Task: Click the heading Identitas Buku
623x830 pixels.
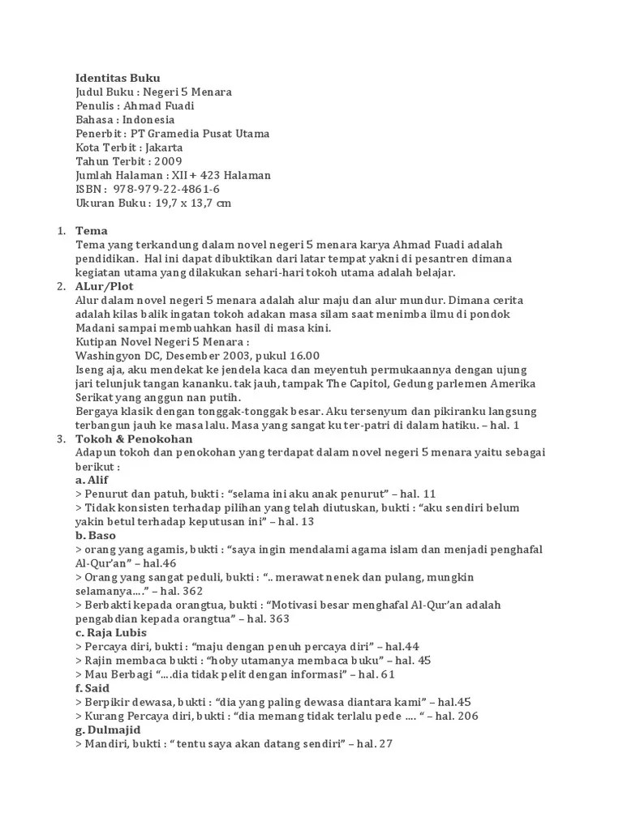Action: click(118, 78)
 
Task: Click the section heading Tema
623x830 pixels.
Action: click(92, 231)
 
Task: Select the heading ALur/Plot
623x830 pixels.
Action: click(105, 286)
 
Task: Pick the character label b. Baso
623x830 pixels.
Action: click(96, 535)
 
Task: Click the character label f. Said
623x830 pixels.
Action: click(92, 687)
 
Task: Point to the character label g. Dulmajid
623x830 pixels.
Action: click(106, 729)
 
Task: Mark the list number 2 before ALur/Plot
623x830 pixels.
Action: click(61, 286)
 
